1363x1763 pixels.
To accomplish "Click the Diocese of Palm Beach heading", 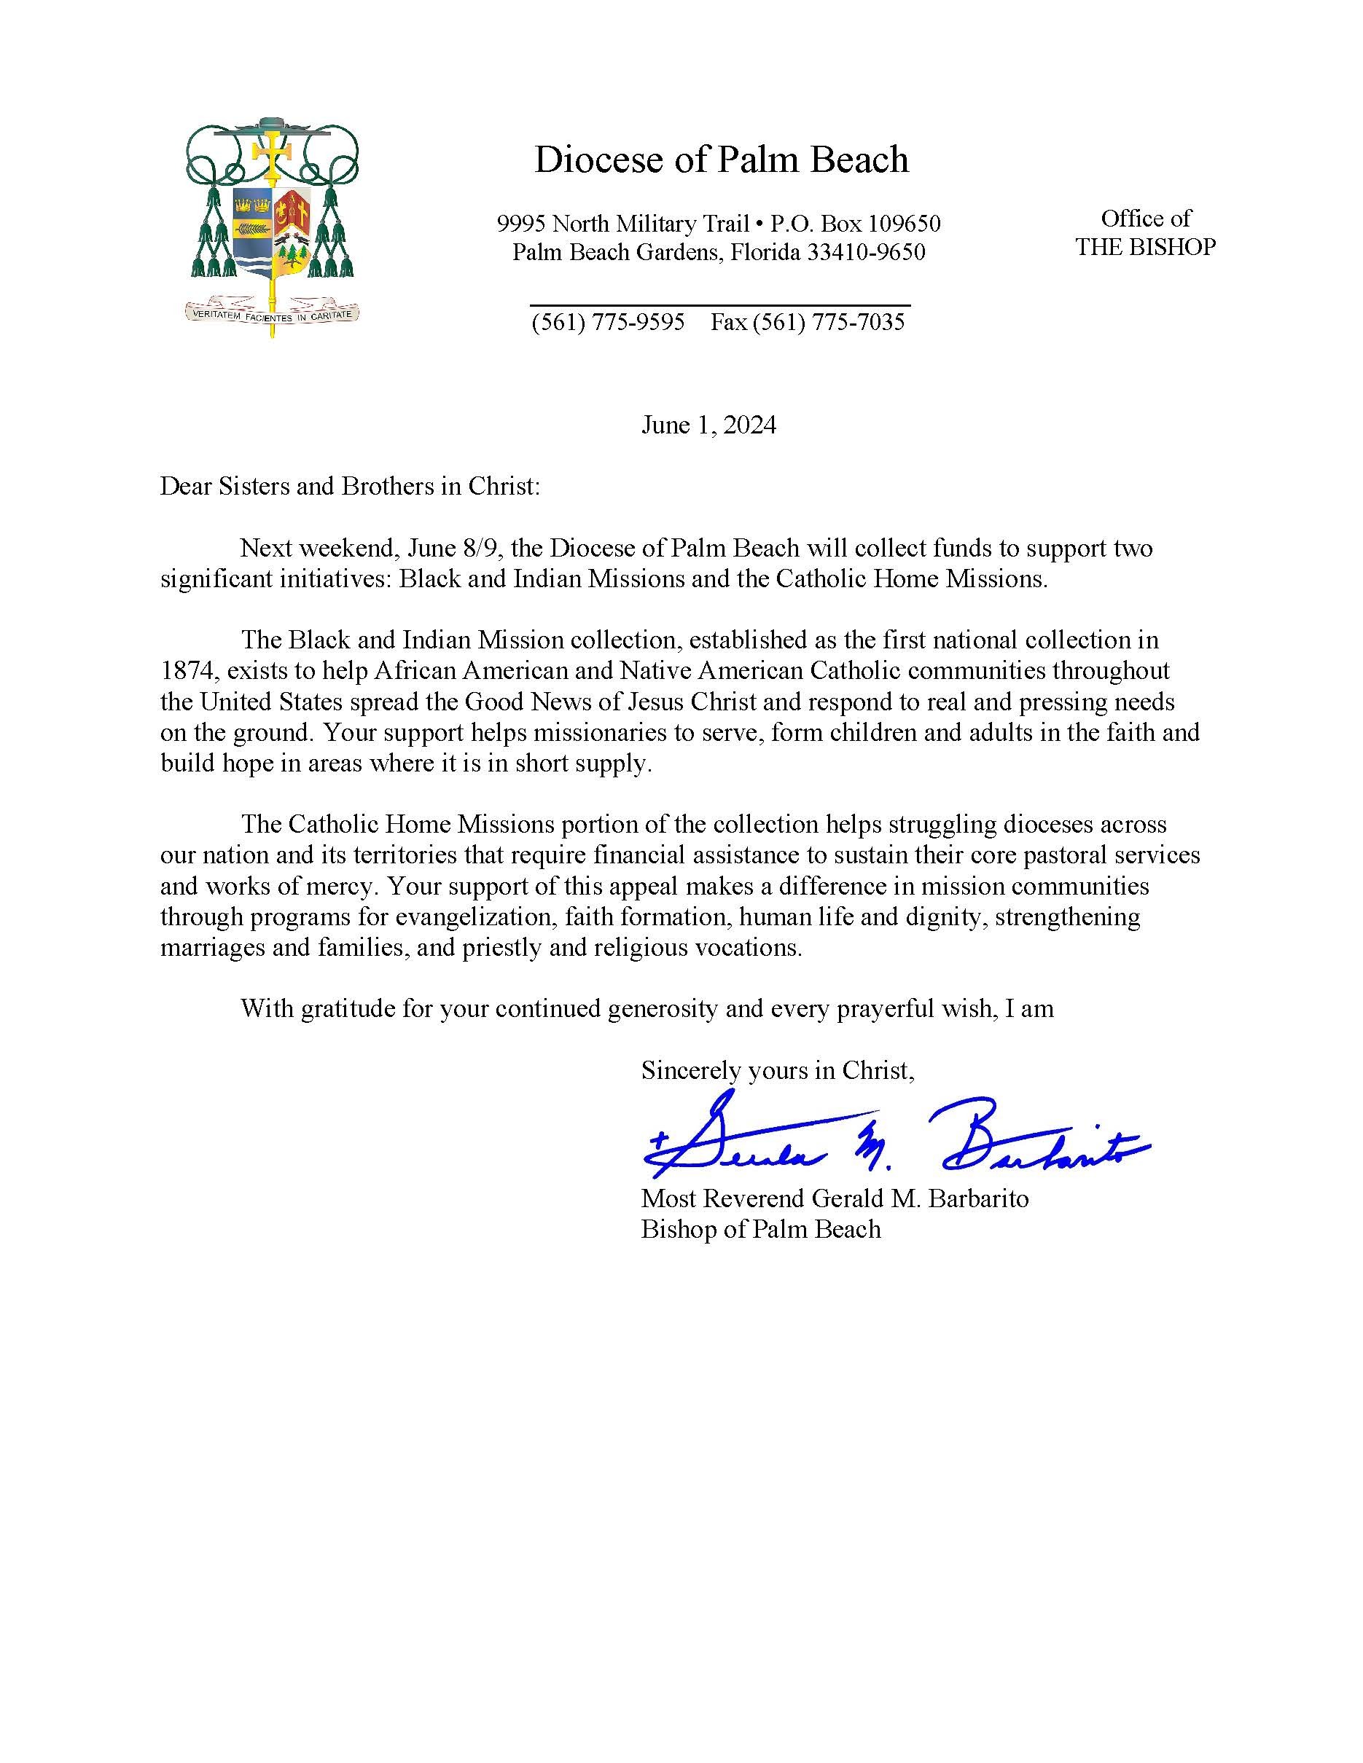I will [x=721, y=160].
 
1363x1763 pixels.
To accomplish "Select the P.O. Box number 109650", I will [x=902, y=224].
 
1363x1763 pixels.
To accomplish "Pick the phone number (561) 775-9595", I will [x=607, y=322].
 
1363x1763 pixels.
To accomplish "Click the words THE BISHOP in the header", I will [x=1145, y=247].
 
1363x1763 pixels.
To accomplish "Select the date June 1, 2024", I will [x=708, y=425].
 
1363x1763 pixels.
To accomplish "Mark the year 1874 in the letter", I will [x=188, y=671].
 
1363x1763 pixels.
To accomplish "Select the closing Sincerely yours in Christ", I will [x=777, y=1070].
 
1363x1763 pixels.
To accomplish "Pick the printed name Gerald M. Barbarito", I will [x=920, y=1198].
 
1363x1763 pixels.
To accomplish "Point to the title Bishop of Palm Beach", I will [x=761, y=1230].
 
